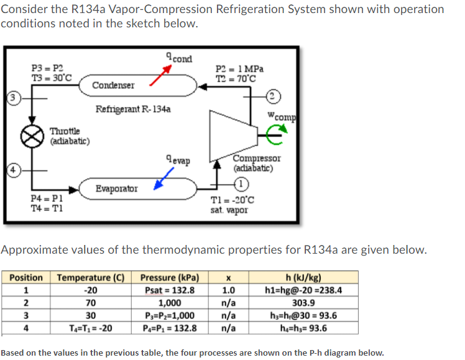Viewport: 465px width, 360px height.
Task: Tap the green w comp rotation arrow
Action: click(275, 130)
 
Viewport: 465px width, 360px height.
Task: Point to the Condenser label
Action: click(113, 85)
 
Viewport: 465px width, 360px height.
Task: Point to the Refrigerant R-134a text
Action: click(134, 109)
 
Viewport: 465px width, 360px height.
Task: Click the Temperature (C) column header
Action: click(91, 277)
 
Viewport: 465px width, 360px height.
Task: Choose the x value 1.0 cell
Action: click(229, 290)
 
